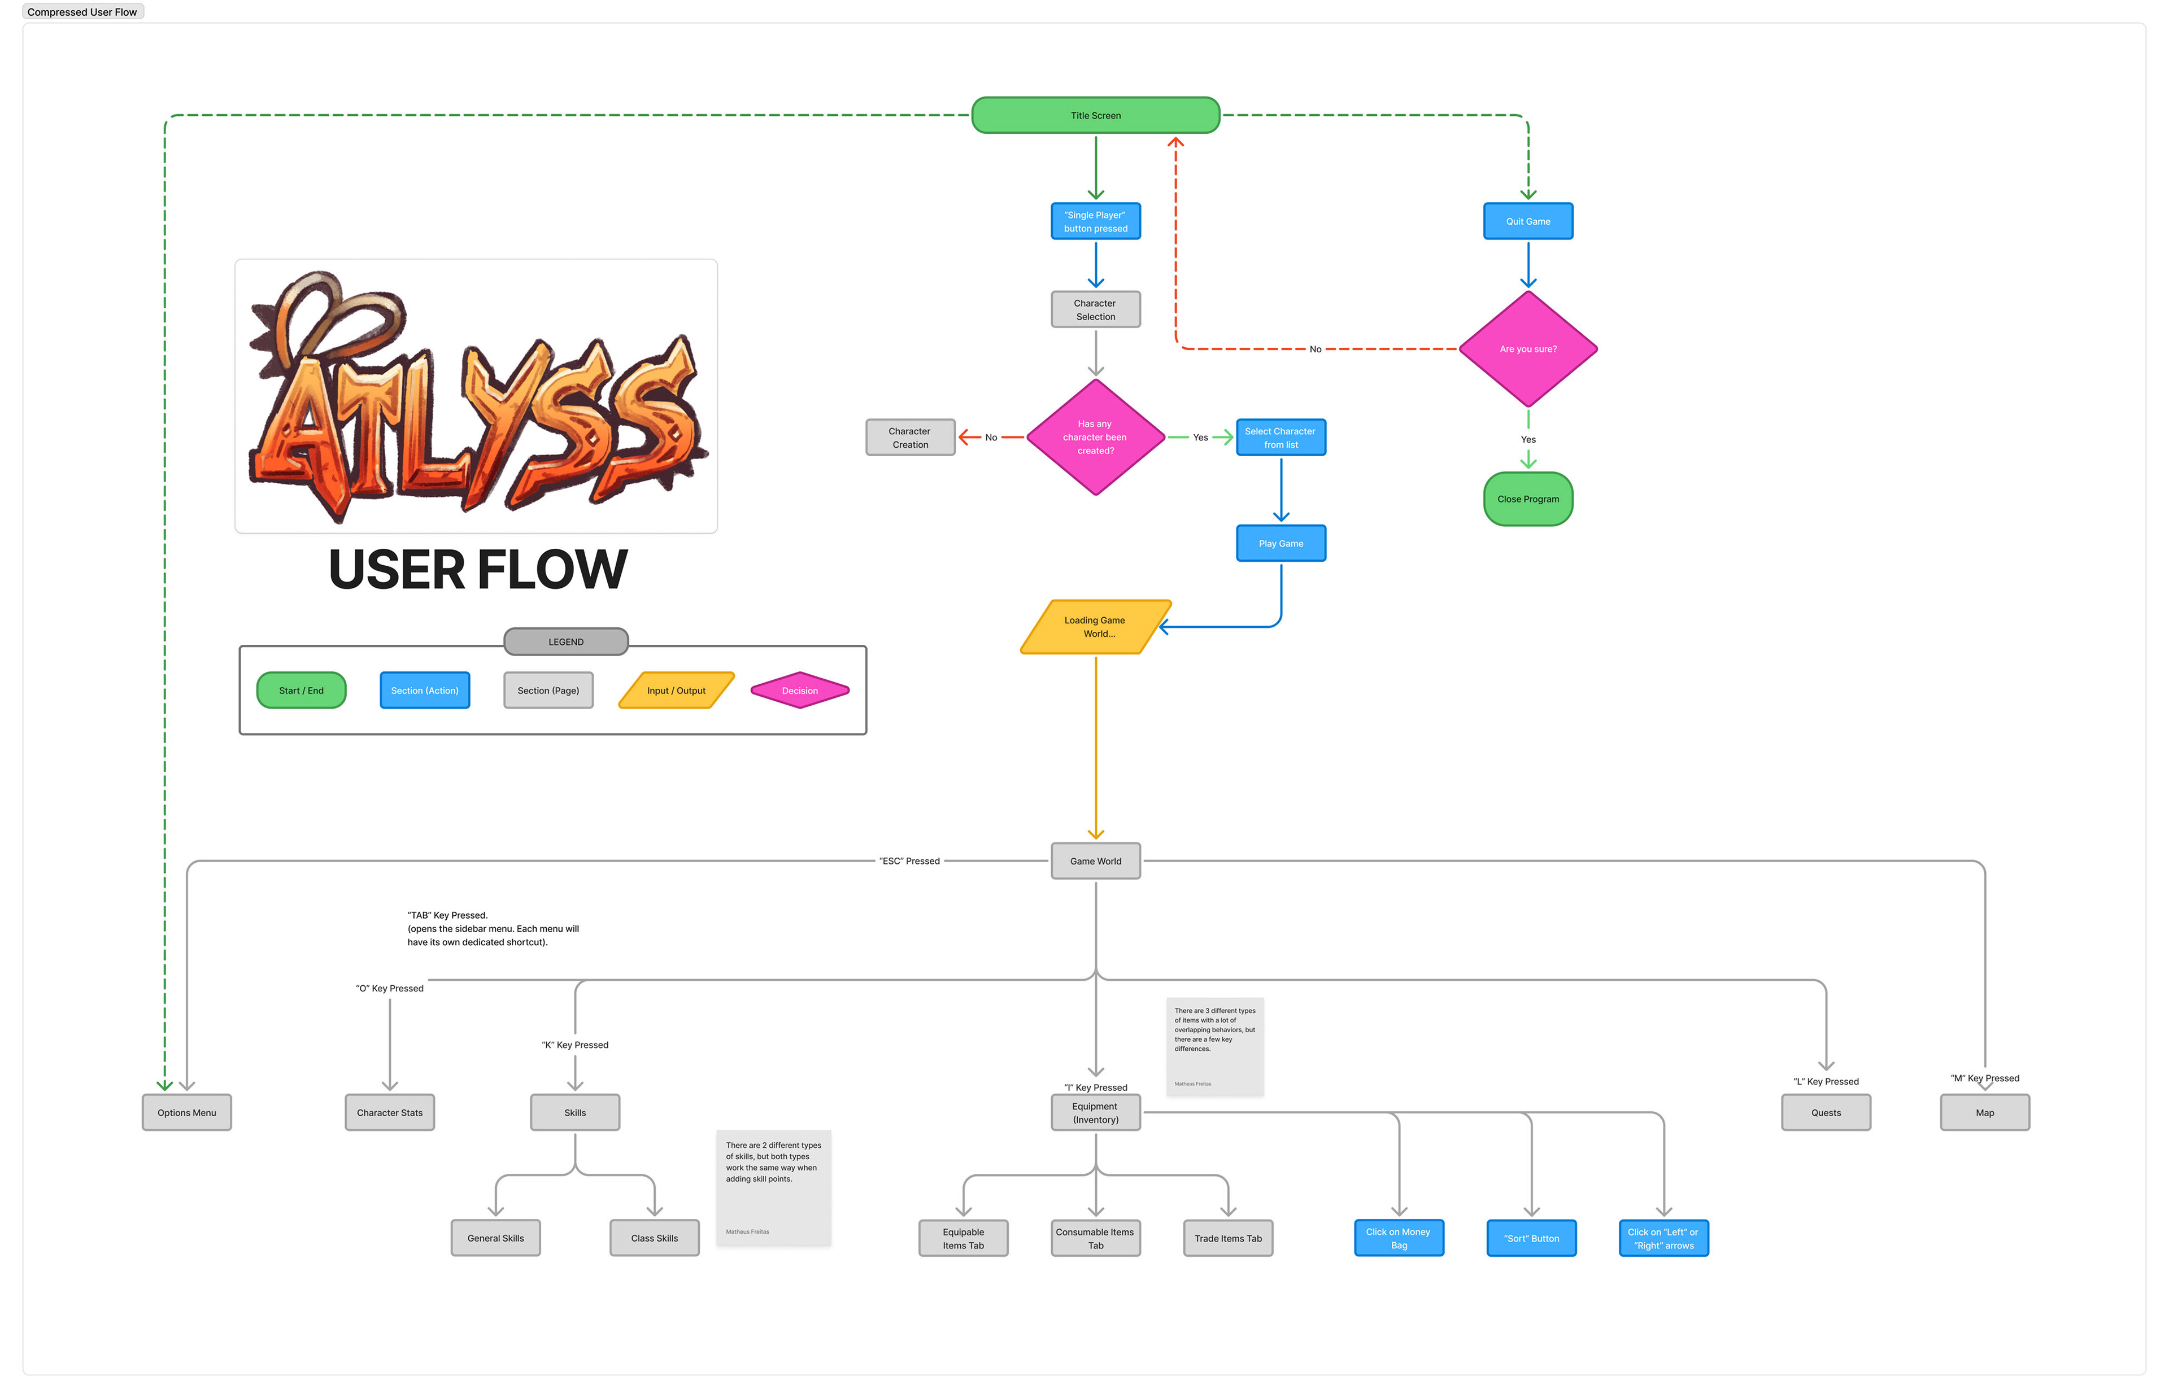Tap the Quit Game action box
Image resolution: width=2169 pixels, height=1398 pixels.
point(1527,221)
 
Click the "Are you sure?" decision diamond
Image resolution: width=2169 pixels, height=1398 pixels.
point(1527,348)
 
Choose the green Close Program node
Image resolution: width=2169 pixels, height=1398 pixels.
point(1527,499)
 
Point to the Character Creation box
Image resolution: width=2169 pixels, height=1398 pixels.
point(910,438)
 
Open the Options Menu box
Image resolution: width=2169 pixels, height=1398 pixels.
point(186,1113)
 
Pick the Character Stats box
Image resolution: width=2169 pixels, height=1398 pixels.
point(390,1113)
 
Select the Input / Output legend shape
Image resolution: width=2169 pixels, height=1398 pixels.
point(676,691)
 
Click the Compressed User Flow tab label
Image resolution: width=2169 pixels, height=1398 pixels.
point(82,12)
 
